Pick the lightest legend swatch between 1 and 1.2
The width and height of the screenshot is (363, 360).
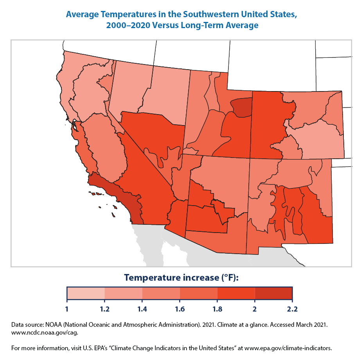(86, 293)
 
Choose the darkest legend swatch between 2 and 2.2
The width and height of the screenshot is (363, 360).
(273, 293)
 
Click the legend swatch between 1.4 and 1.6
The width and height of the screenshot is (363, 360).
(161, 293)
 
